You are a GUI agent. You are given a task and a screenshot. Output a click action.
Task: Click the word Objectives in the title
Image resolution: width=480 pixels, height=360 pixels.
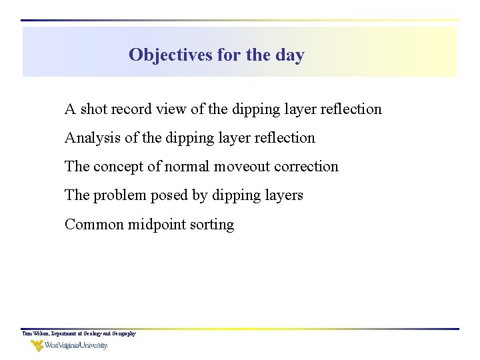click(x=171, y=55)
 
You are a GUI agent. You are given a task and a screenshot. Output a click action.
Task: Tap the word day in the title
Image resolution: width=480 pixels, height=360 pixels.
click(x=289, y=55)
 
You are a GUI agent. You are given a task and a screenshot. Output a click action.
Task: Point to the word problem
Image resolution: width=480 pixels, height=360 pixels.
click(x=117, y=195)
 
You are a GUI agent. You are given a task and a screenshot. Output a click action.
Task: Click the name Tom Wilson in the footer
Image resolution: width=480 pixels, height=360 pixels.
click(x=34, y=333)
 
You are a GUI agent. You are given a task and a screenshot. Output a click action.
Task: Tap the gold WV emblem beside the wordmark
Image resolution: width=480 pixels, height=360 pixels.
click(x=37, y=345)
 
